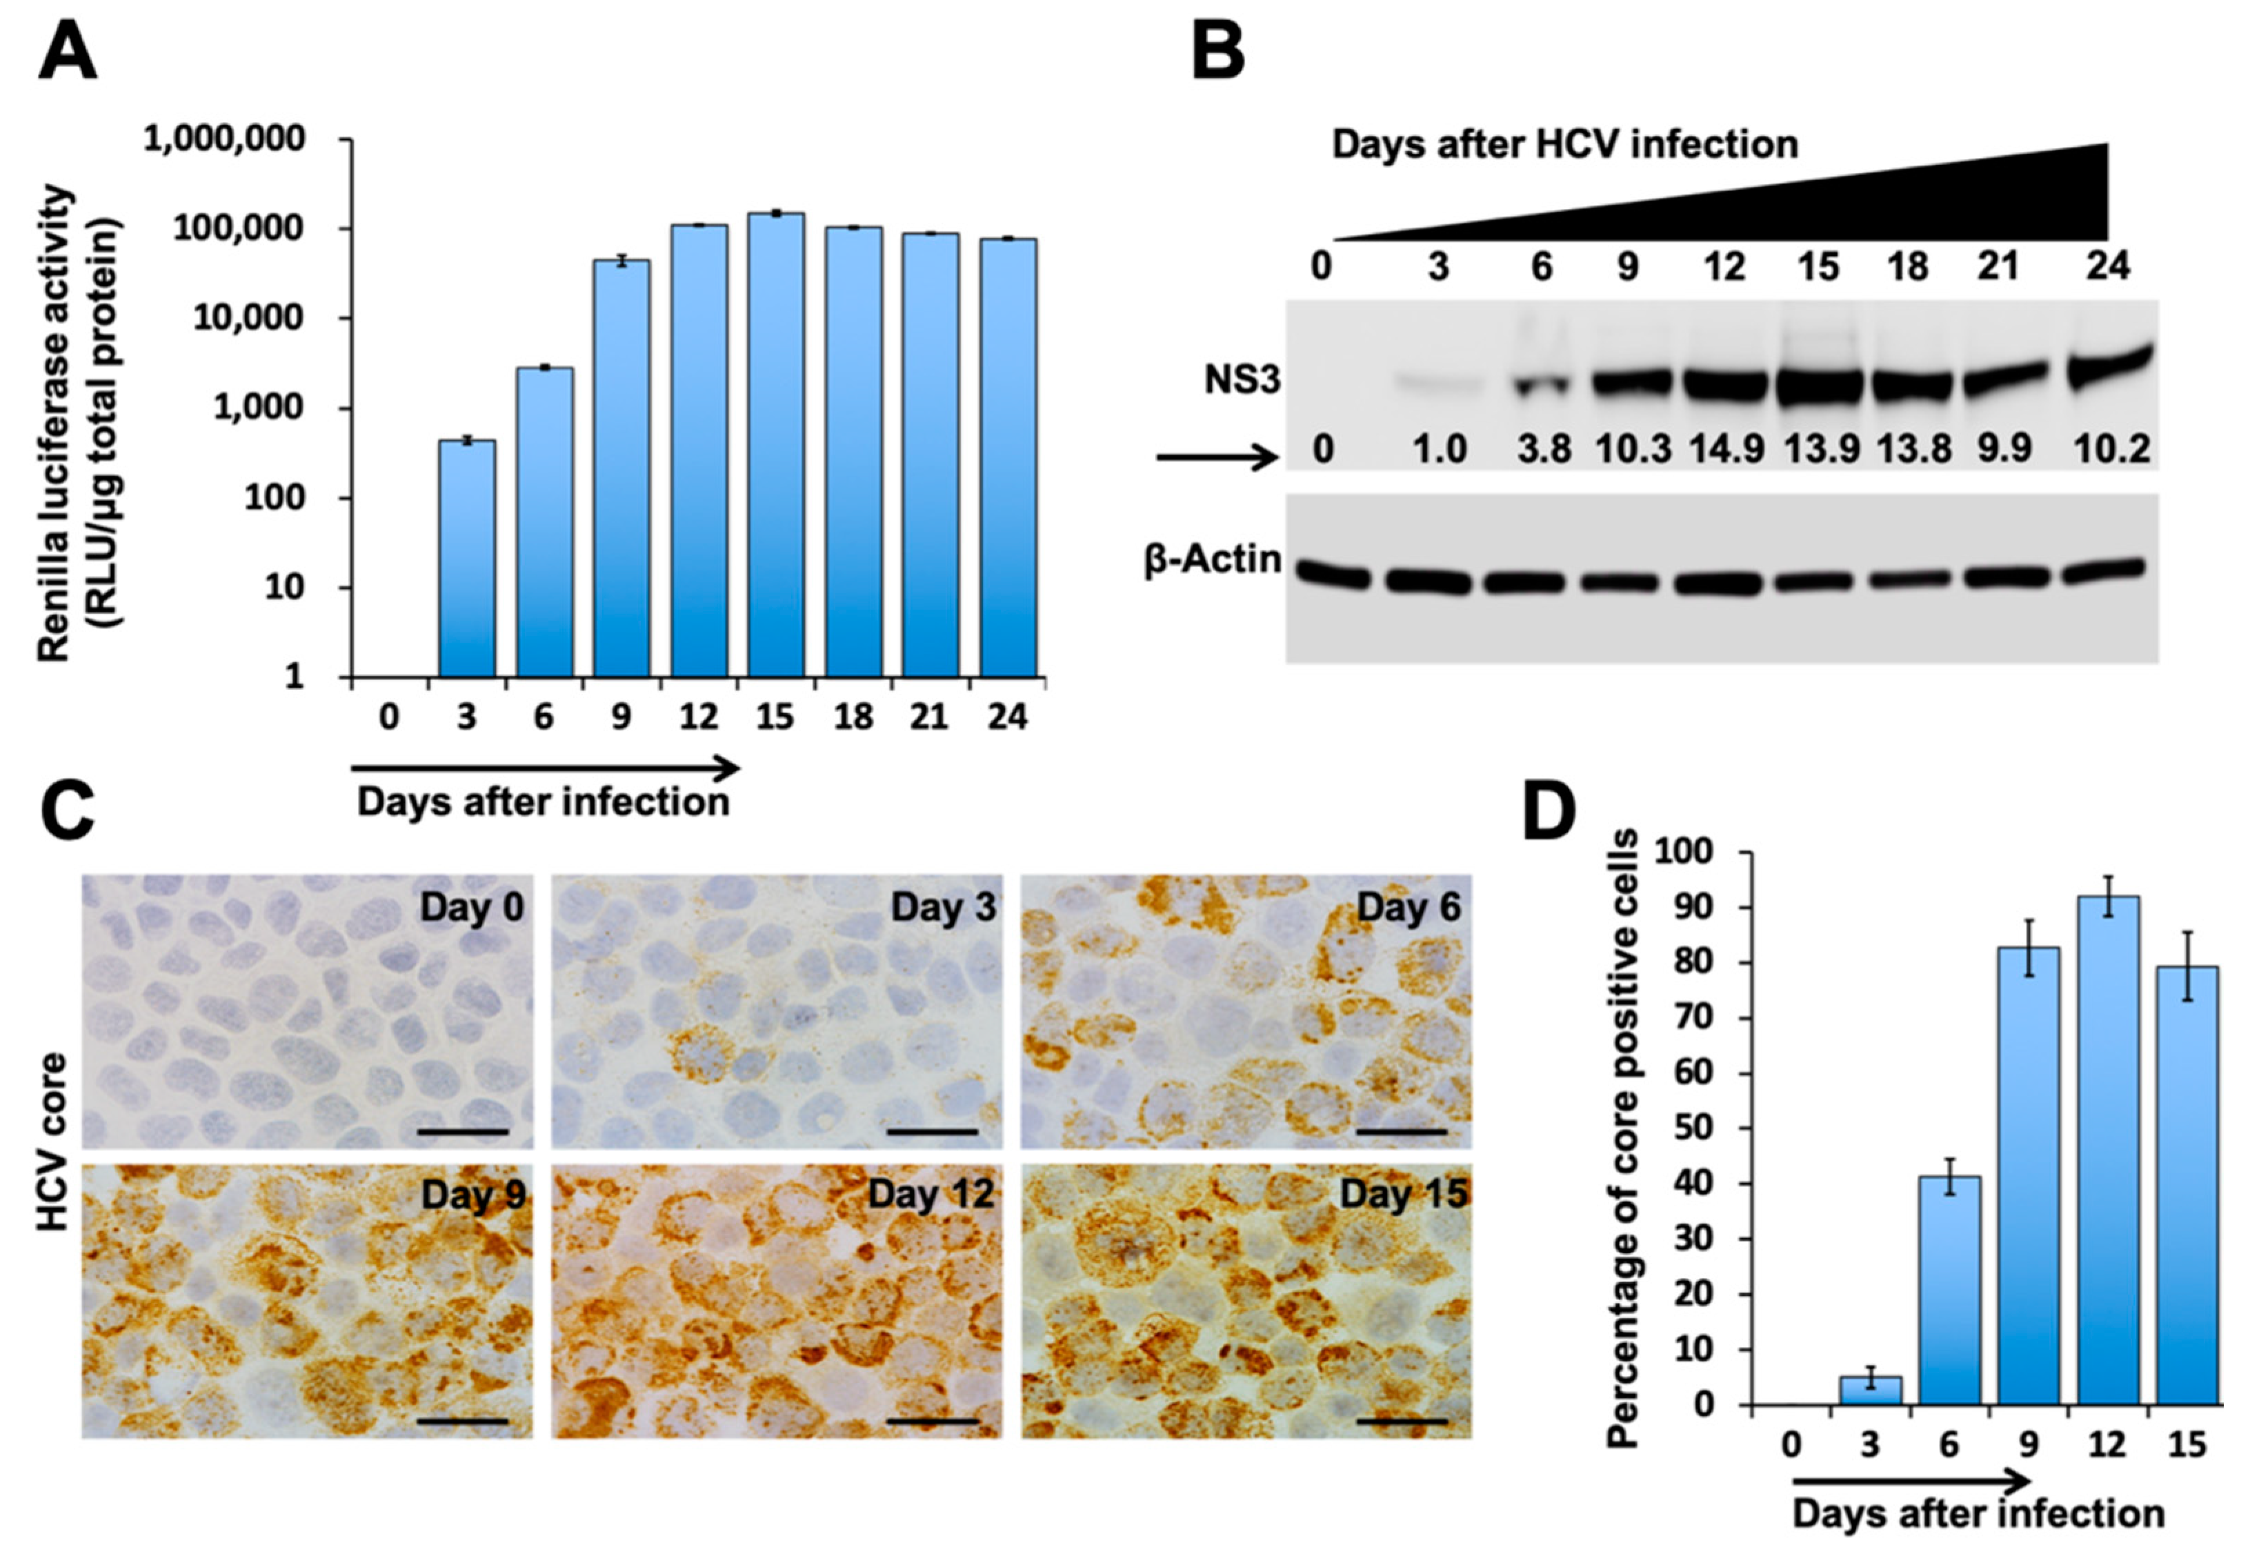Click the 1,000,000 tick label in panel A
click(x=224, y=139)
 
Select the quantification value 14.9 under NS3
click(x=1726, y=449)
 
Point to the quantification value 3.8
click(x=1542, y=449)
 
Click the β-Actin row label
click(x=1212, y=560)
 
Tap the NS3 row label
click(x=1242, y=380)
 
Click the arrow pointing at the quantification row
click(x=1217, y=457)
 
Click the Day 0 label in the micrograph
click(x=471, y=907)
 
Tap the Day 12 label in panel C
click(x=930, y=1194)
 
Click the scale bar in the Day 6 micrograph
click(x=1401, y=1130)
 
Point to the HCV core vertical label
click(x=53, y=1142)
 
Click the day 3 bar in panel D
click(x=1870, y=1390)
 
